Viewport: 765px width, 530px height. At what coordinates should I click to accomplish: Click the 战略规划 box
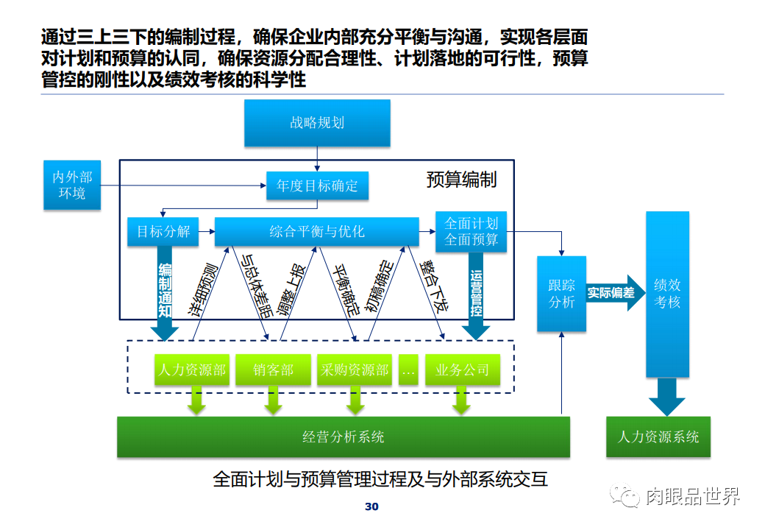point(317,123)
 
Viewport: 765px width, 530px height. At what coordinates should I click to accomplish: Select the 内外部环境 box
point(72,185)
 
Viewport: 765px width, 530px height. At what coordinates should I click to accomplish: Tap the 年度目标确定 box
point(317,185)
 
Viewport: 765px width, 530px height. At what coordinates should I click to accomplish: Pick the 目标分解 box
point(163,231)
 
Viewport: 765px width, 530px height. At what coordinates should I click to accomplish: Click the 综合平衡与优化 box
point(316,231)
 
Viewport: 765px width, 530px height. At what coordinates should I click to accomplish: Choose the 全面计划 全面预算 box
point(472,232)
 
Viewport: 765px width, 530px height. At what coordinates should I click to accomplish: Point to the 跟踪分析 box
point(561,294)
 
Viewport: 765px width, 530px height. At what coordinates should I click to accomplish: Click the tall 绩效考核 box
point(667,294)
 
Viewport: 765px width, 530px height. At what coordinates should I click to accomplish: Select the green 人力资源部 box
point(191,370)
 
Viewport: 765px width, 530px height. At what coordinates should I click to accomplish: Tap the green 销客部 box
point(274,370)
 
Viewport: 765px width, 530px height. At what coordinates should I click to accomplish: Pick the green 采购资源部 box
point(355,370)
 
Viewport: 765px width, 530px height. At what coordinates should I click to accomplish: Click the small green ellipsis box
point(409,370)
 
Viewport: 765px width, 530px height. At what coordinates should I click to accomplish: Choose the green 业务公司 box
point(462,370)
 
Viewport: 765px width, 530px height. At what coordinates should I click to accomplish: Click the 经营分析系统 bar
point(344,437)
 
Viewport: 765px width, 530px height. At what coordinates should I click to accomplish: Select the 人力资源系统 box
point(658,437)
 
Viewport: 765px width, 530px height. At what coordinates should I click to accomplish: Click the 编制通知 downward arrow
point(166,294)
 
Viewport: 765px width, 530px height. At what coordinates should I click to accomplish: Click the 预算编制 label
point(461,180)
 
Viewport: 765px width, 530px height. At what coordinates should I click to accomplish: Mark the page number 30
point(371,507)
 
